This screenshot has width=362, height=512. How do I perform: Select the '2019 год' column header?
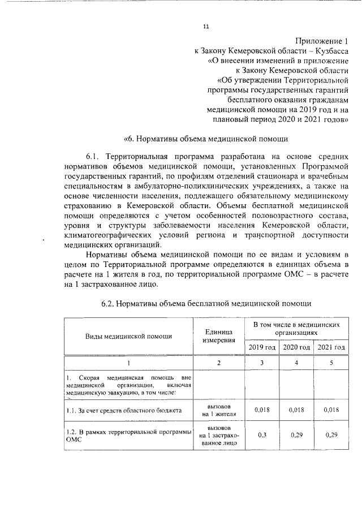tap(262, 347)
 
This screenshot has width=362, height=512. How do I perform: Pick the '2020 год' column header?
tap(296, 347)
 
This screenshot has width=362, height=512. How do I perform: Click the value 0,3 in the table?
tap(262, 434)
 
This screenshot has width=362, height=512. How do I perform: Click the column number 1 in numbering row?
tap(128, 362)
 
